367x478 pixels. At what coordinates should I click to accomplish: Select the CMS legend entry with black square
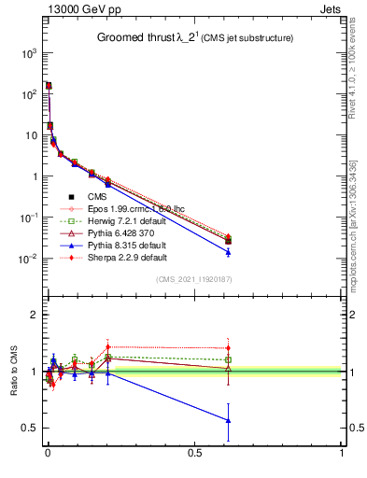96,196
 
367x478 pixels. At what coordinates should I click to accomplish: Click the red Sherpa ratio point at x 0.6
228,348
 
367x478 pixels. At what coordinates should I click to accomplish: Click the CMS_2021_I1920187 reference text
194,279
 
